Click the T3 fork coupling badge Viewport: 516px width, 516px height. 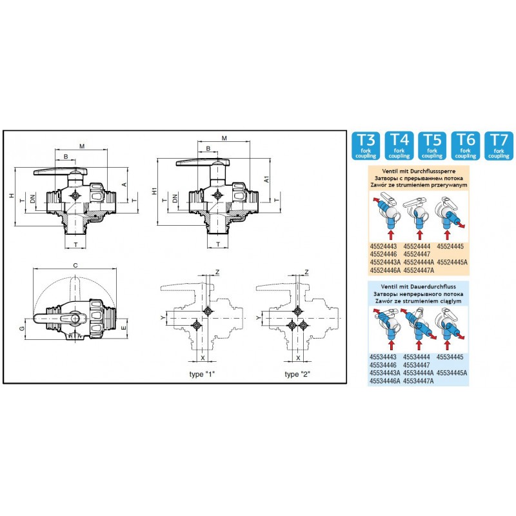tap(366, 145)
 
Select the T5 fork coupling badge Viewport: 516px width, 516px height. tap(432, 145)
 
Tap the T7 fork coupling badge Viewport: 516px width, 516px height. tap(499, 145)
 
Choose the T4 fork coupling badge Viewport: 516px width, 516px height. tap(399, 145)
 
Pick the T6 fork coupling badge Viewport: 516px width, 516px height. tap(466, 145)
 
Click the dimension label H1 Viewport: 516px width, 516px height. tap(154, 192)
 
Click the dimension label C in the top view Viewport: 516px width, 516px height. tap(76, 265)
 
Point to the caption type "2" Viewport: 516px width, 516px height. tap(297, 375)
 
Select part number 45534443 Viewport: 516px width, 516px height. tap(384, 357)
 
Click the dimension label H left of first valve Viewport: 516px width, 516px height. tap(12, 195)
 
